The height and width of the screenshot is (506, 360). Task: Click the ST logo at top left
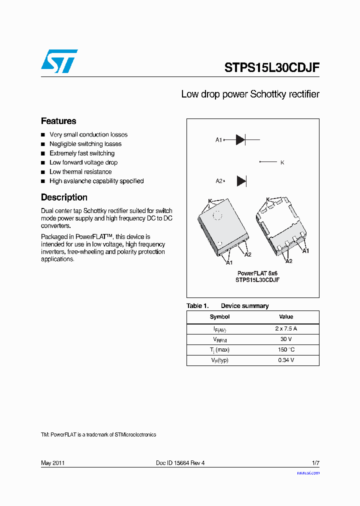pos(59,61)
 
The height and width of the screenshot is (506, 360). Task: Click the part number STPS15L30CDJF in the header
pos(271,68)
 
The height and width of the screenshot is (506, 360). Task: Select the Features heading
pos(58,121)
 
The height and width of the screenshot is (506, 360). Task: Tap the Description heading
pos(64,197)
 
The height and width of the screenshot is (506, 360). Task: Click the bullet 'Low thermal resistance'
pos(80,172)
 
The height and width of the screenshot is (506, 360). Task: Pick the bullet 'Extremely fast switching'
pos(82,153)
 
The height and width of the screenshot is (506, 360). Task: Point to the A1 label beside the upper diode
pos(218,140)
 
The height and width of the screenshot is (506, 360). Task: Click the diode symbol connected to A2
pos(241,181)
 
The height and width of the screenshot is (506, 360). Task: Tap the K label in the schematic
pos(282,162)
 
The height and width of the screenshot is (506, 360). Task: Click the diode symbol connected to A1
pos(240,140)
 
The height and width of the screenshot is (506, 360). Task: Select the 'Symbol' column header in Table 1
pos(219,317)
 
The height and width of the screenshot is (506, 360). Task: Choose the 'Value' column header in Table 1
pos(286,317)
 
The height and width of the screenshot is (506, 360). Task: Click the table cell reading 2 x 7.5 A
pos(286,329)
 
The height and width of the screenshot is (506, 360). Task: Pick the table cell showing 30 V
pos(286,339)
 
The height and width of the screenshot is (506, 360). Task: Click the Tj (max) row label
pos(219,350)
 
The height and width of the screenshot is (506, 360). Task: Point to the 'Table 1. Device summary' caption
pos(227,306)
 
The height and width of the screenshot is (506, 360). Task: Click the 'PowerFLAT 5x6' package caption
pos(257,273)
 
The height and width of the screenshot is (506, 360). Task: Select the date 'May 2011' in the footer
pos(52,463)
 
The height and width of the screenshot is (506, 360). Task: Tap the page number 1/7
pos(315,463)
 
